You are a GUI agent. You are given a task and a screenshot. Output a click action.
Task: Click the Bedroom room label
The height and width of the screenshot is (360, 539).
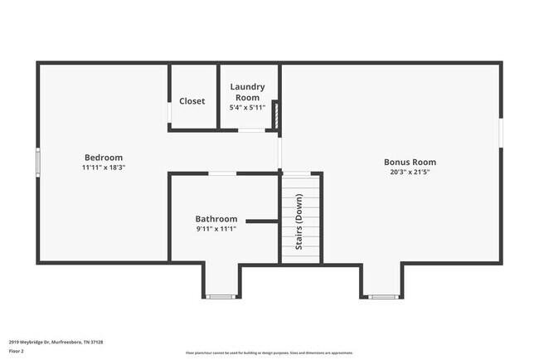coord(104,158)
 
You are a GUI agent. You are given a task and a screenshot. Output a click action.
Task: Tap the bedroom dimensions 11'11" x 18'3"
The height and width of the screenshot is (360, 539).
coord(104,167)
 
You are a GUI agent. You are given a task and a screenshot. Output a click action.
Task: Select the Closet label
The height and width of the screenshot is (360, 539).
coord(192,101)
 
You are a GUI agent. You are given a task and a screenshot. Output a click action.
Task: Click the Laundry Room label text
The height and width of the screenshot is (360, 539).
coord(247,91)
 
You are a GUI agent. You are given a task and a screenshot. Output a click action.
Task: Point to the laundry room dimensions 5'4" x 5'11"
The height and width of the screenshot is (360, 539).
coord(247,107)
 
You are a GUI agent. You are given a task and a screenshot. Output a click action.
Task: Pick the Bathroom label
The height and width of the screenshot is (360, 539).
coord(216,219)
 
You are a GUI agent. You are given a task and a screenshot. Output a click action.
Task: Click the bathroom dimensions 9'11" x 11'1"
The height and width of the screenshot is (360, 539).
coord(216,229)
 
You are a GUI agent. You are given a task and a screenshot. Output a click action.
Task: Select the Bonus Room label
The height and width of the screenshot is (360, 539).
coord(410,163)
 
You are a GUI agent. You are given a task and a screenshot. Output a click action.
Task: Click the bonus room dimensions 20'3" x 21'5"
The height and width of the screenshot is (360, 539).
coord(410,173)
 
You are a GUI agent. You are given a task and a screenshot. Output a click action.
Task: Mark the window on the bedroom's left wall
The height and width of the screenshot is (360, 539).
coord(37,162)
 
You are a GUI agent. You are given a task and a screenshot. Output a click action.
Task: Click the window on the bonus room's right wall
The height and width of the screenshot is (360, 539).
coord(500,133)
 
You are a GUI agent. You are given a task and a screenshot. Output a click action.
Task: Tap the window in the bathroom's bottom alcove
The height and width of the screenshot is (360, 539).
coord(221,297)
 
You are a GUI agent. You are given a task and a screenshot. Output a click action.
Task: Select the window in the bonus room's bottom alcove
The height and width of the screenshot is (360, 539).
coord(381,297)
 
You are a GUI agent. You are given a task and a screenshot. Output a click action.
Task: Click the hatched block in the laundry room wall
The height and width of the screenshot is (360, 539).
coord(275,115)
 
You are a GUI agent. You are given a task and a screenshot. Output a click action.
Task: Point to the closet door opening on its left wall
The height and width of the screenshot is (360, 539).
coord(170,114)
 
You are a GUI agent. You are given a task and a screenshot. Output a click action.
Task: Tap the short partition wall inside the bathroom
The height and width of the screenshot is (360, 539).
coord(262,221)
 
